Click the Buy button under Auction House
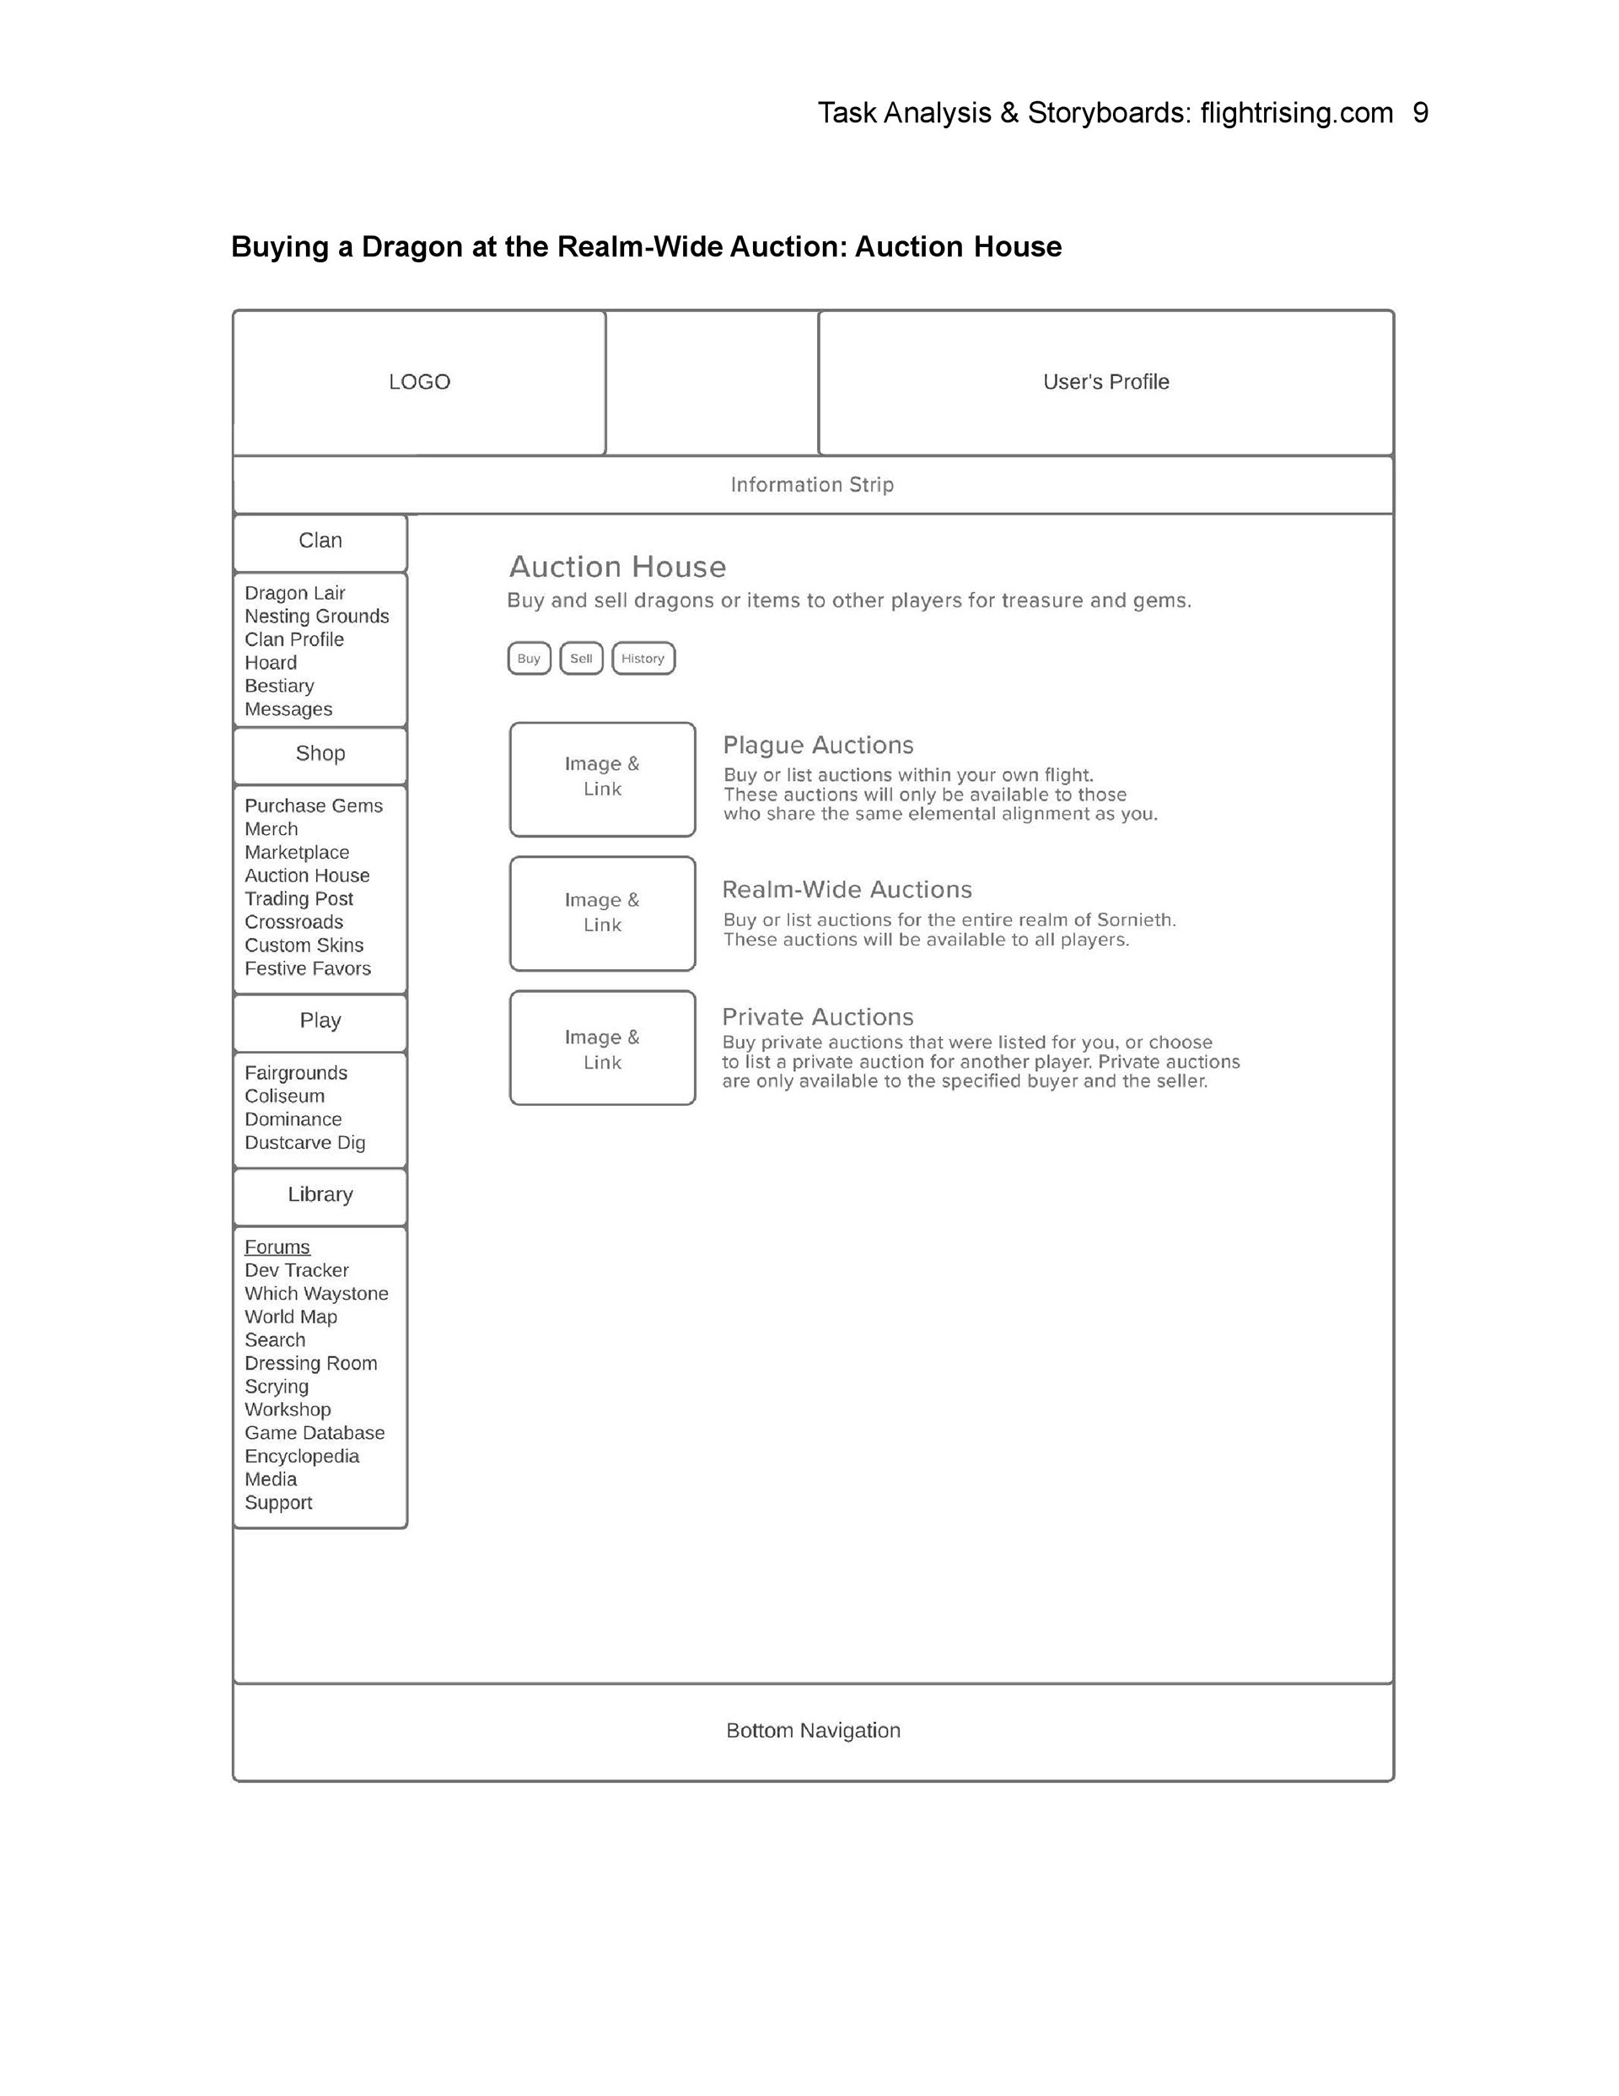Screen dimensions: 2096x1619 (x=529, y=659)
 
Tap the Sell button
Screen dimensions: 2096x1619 (x=581, y=659)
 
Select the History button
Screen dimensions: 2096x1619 (x=643, y=659)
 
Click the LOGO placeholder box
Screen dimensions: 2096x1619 (x=419, y=382)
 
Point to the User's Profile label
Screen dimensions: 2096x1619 (x=1105, y=382)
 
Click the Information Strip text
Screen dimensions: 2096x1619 (x=812, y=485)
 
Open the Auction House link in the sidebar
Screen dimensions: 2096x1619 (x=307, y=876)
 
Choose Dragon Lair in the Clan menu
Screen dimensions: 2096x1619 (x=294, y=593)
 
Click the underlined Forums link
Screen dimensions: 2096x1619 (x=277, y=1247)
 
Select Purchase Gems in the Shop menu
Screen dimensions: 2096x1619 (x=314, y=806)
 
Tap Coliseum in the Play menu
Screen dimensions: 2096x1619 (x=285, y=1096)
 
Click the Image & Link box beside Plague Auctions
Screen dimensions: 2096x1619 (x=602, y=779)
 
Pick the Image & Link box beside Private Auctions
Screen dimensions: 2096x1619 (x=602, y=1048)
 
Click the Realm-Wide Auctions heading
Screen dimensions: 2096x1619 (x=847, y=890)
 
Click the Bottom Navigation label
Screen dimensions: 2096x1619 (x=813, y=1730)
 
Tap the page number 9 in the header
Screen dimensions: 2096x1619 (x=1420, y=113)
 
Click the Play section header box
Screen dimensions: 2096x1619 (x=320, y=1021)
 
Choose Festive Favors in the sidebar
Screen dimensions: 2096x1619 (x=308, y=968)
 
